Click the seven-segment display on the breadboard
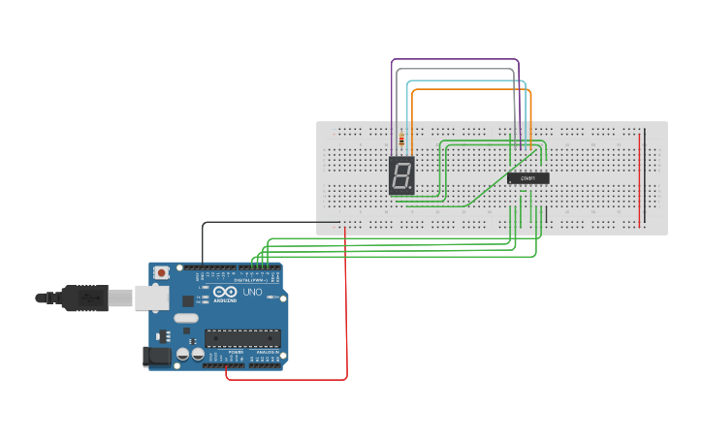[401, 175]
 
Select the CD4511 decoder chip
[527, 178]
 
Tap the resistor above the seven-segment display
[401, 141]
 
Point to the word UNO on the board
[252, 292]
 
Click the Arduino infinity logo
[225, 293]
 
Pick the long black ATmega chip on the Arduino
[241, 338]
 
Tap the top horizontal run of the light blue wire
[465, 80]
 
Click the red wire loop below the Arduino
[291, 379]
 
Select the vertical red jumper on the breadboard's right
[639, 179]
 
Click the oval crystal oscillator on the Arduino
[186, 318]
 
